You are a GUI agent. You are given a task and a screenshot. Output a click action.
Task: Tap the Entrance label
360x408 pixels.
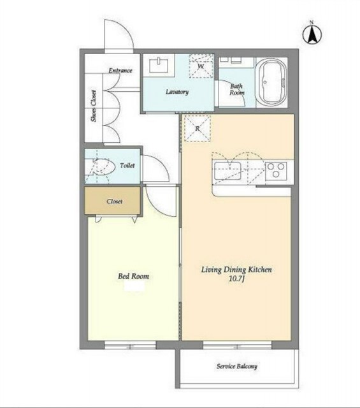click(x=120, y=71)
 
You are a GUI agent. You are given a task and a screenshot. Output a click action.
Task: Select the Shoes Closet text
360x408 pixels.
click(x=94, y=106)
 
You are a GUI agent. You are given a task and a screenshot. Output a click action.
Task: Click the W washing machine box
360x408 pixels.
click(x=201, y=66)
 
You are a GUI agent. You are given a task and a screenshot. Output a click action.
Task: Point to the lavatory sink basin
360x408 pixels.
click(x=159, y=65)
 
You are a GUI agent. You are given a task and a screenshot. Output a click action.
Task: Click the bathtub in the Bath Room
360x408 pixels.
click(x=272, y=82)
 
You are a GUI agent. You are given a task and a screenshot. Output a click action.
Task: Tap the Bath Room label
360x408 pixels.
click(x=236, y=89)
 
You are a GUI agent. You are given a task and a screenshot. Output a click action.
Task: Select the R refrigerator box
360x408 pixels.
click(x=198, y=128)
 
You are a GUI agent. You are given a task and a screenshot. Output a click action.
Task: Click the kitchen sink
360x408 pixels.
click(x=227, y=171)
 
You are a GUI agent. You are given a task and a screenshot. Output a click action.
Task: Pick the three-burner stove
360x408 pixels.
click(x=276, y=171)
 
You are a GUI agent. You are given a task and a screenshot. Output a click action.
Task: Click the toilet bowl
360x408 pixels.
click(x=103, y=166)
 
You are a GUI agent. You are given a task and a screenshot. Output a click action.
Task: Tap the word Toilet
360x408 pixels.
click(x=127, y=166)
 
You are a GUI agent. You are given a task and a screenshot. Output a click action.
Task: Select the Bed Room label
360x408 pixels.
click(x=133, y=276)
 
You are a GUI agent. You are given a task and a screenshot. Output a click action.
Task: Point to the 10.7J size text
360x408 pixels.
click(x=237, y=279)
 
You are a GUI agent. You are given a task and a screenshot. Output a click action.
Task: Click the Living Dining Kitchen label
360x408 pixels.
click(x=236, y=270)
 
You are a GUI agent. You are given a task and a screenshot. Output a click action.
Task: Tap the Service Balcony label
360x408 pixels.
click(x=237, y=367)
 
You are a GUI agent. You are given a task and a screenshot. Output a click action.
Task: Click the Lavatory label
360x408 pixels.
click(x=177, y=92)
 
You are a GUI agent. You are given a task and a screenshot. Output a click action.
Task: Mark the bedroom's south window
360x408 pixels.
click(x=130, y=346)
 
